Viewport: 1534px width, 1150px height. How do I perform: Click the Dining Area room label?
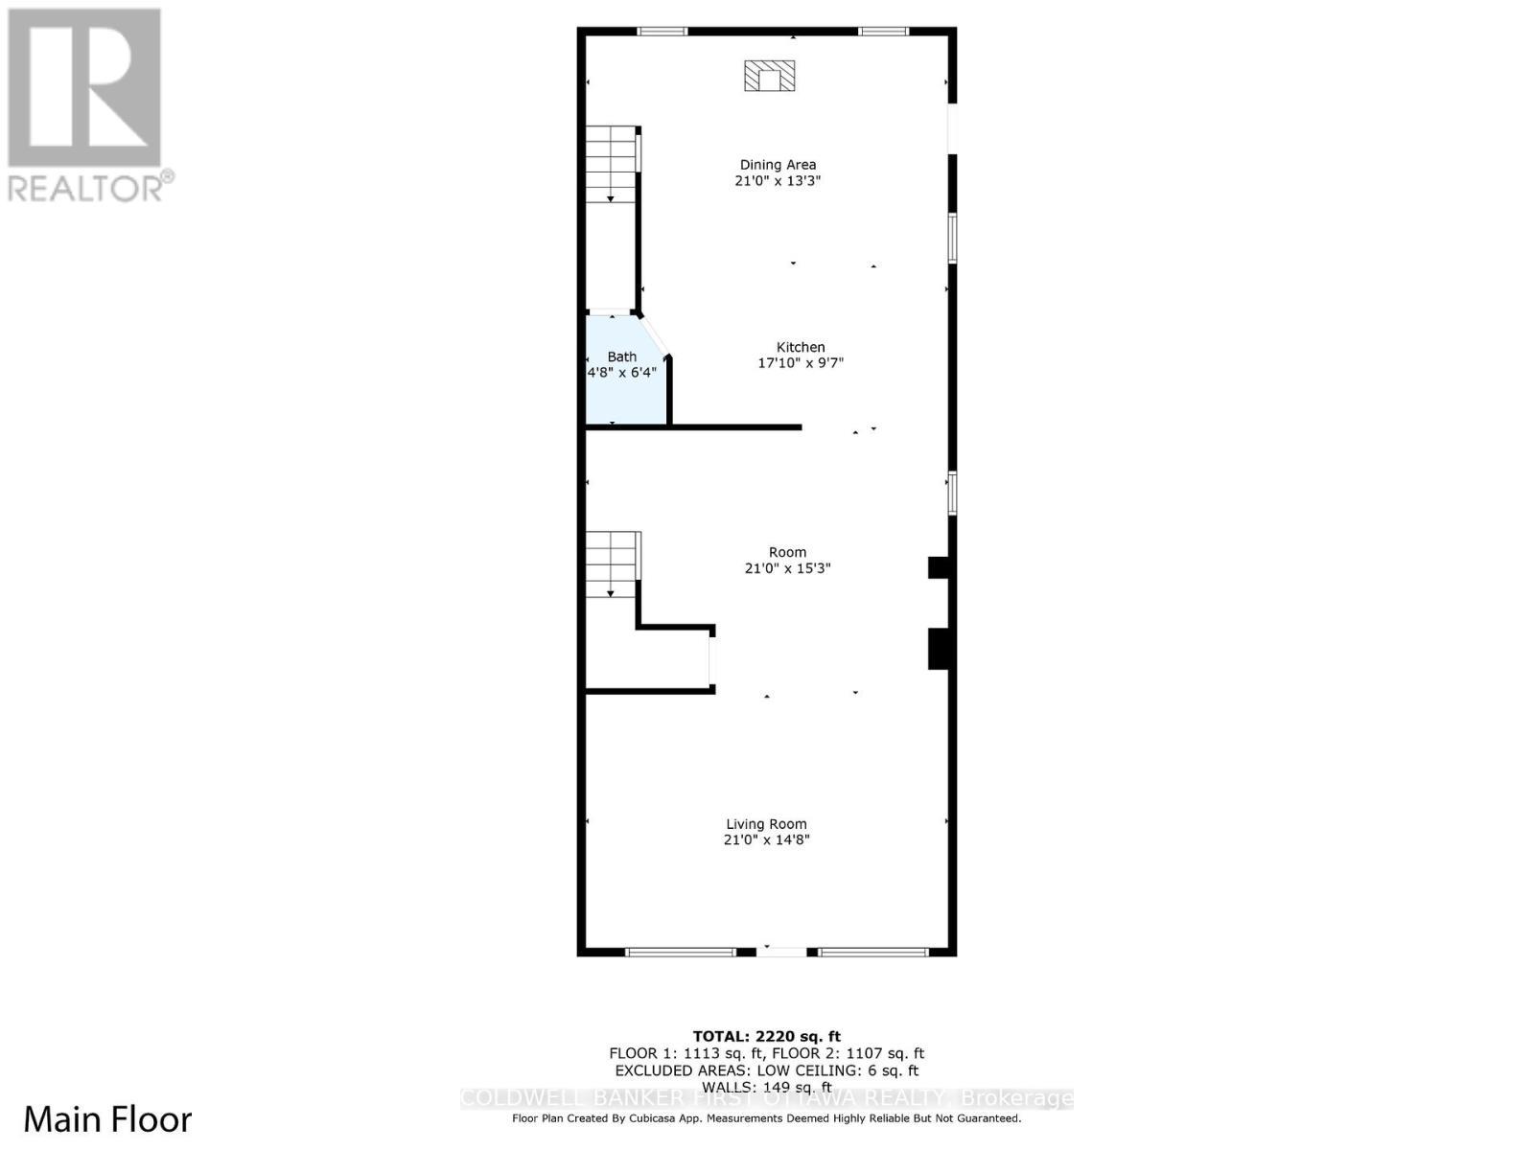pos(778,165)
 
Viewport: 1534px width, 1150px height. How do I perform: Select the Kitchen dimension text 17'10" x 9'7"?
pos(801,363)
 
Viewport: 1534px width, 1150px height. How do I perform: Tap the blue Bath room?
pos(621,379)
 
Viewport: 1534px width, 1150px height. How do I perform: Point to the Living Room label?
pos(766,824)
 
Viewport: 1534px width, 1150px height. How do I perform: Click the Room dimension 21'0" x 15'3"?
pos(787,568)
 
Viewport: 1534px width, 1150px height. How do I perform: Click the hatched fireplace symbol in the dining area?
pos(770,76)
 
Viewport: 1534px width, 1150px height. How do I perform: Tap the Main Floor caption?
pos(107,1119)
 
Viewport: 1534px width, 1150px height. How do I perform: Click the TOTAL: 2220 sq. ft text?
pos(766,1036)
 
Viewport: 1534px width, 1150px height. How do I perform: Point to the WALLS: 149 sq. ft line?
pos(766,1087)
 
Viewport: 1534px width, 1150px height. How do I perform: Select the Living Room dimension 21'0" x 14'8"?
pos(766,840)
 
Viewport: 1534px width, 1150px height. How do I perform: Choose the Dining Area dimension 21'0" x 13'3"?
pos(778,181)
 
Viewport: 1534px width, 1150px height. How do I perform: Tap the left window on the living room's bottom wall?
pos(680,953)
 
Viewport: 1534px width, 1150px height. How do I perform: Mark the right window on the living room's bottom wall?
pos(873,953)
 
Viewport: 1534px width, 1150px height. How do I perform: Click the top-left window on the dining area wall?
pos(662,32)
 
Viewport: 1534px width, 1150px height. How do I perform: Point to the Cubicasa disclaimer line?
pos(766,1118)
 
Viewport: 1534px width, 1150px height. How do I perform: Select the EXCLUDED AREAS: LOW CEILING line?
pos(766,1070)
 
